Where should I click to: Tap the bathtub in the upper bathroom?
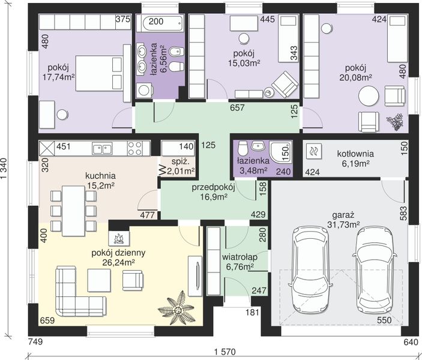pos(160,23)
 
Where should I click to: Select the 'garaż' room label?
pos(343,215)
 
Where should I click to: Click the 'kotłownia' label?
pos(355,154)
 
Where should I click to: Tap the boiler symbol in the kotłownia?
pos(313,152)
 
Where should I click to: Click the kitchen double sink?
pos(102,149)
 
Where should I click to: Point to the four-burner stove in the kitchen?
pos(135,149)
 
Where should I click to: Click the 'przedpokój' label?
pos(214,187)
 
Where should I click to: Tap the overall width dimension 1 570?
pos(225,352)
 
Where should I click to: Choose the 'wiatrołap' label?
pos(240,257)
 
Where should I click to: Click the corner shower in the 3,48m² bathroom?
pos(280,152)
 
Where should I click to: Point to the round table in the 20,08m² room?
pos(369,96)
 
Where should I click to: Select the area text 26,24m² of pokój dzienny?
pos(119,262)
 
